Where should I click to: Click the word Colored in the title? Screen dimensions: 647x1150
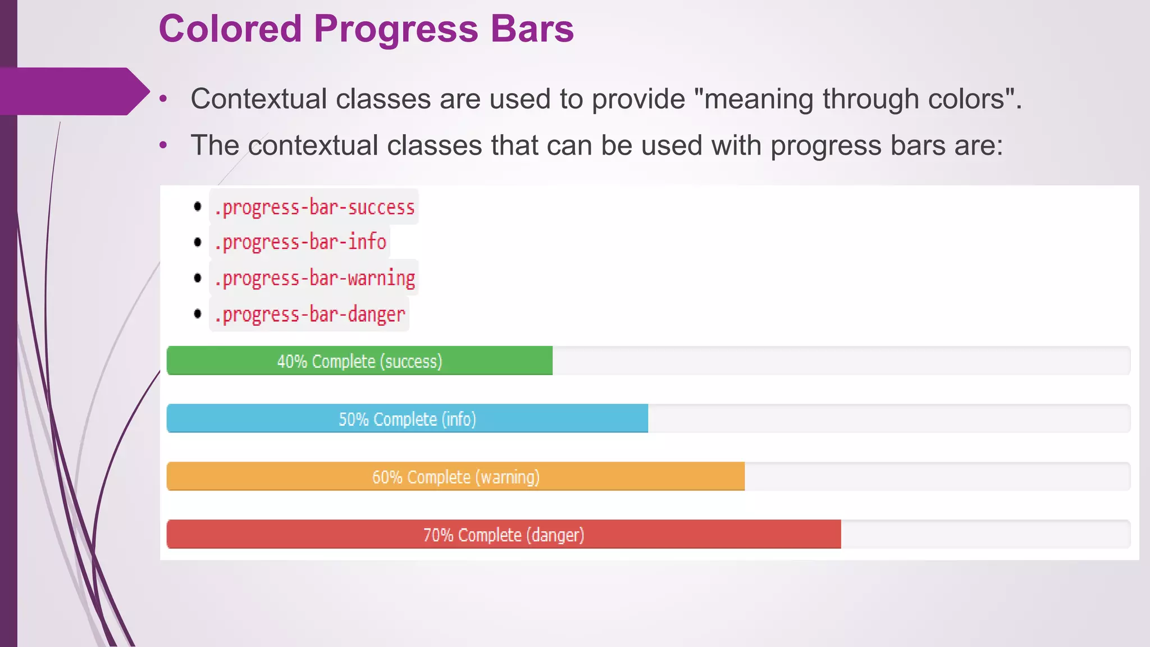coord(230,29)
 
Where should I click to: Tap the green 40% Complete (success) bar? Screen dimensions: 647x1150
coord(359,361)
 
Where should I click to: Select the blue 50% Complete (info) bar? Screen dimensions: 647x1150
coord(407,419)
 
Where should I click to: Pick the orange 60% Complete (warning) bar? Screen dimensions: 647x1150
coord(455,477)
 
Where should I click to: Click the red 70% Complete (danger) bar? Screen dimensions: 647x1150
coord(504,535)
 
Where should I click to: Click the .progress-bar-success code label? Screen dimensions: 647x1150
coord(314,207)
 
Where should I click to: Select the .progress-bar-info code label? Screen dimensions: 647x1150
coord(300,242)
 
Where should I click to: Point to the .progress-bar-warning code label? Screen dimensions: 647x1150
coord(314,278)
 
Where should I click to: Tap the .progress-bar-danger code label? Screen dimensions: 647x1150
coord(309,314)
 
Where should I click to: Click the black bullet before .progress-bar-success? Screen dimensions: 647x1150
coord(198,207)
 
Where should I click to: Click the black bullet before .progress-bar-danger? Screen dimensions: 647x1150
coord(198,313)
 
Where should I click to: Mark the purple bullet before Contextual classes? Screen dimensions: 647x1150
coord(163,99)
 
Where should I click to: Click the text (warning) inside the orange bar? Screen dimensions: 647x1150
coord(508,477)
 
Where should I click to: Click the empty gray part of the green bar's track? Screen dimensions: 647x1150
coord(841,361)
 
